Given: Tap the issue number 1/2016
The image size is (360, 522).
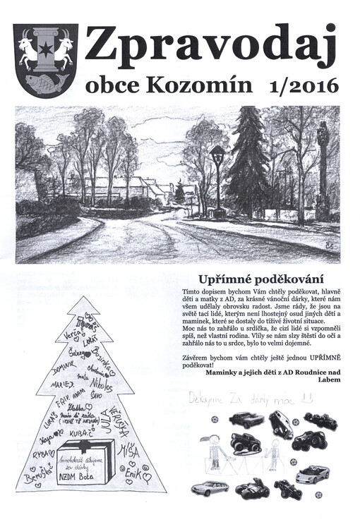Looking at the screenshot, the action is click(x=304, y=86).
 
